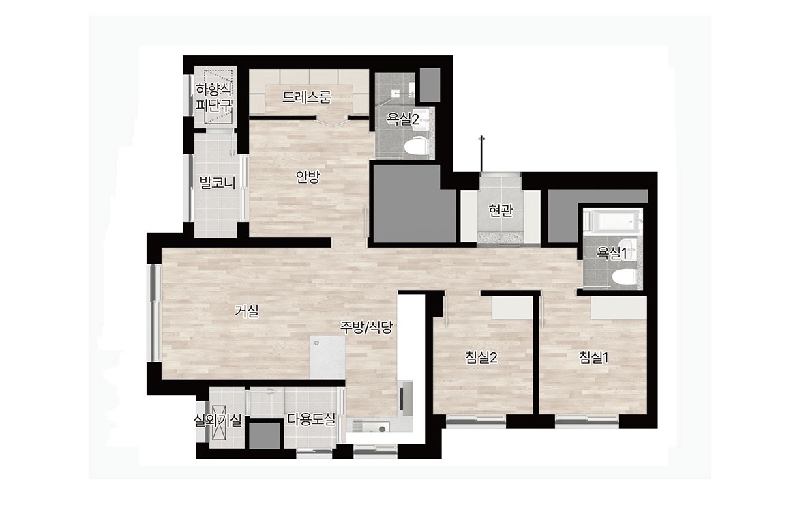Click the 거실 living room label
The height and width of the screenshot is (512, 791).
(247, 311)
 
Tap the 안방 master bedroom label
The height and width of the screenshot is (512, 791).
(308, 177)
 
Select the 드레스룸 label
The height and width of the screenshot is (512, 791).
(308, 97)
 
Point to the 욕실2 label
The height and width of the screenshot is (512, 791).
(402, 119)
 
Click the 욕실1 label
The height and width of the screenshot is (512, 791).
(612, 253)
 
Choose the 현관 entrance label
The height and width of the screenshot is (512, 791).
(501, 210)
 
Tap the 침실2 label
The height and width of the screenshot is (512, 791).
(481, 358)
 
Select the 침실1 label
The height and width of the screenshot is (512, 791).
(594, 358)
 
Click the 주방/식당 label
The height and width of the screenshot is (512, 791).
(366, 328)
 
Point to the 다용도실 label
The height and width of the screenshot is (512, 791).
(311, 419)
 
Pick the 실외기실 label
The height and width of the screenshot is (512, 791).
(218, 420)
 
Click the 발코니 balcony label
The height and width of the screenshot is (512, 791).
(218, 182)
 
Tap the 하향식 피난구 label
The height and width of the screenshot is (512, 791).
(214, 98)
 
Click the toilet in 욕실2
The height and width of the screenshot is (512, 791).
(416, 146)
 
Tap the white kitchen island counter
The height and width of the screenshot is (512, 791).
(327, 356)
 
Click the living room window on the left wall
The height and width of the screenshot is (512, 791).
(153, 313)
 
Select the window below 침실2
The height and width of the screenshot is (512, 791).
(477, 418)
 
